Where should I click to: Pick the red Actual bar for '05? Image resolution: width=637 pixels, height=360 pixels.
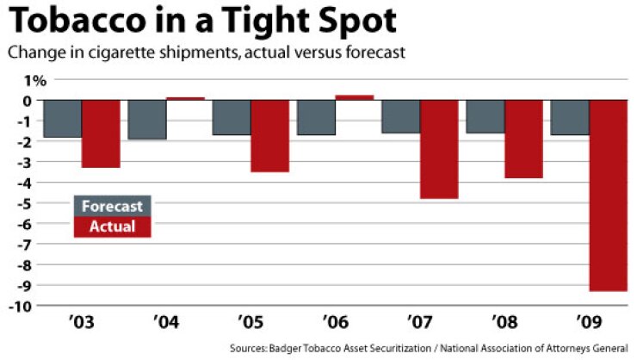point(269,136)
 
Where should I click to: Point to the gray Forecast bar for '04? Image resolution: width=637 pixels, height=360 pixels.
point(146,120)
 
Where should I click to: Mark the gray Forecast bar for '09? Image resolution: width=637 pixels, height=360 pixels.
point(569,117)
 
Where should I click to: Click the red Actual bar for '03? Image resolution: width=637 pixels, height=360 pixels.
point(100,133)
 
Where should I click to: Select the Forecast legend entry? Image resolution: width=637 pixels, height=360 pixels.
point(112,207)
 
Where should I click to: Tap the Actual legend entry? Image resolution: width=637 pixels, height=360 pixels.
point(112,227)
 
